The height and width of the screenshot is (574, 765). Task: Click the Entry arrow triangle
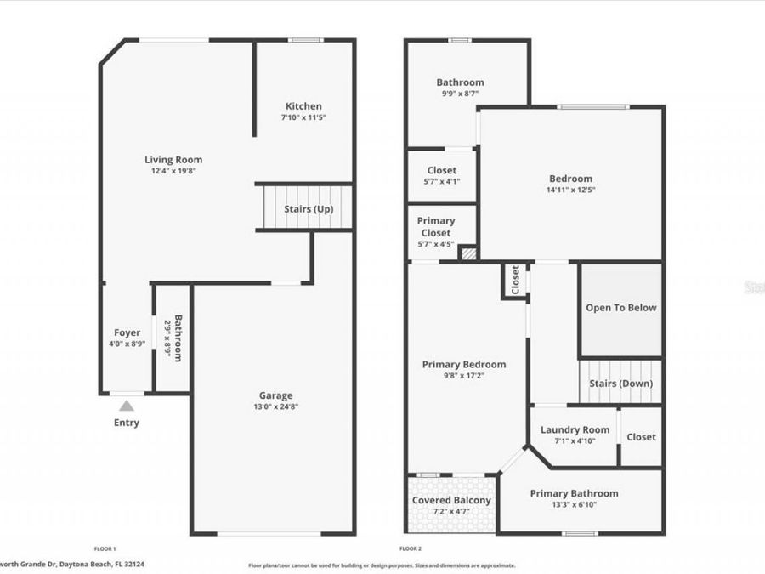(126, 406)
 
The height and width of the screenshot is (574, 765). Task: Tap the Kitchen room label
(303, 106)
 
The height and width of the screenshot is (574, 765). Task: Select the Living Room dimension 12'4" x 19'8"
(173, 171)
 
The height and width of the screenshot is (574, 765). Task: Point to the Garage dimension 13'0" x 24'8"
(275, 406)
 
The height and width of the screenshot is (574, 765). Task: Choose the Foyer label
(127, 332)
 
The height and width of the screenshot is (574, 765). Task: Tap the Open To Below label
(621, 308)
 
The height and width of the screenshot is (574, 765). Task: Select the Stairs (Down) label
(621, 384)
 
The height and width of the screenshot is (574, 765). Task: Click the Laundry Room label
(575, 429)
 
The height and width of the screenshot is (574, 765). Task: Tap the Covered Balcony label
(451, 500)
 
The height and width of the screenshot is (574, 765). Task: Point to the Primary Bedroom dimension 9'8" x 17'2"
(463, 376)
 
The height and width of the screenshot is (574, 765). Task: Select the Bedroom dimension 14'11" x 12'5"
(570, 190)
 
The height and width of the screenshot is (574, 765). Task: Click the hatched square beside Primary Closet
(468, 253)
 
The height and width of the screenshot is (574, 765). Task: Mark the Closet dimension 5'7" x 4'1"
(441, 181)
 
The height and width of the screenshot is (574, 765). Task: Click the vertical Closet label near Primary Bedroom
(516, 281)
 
